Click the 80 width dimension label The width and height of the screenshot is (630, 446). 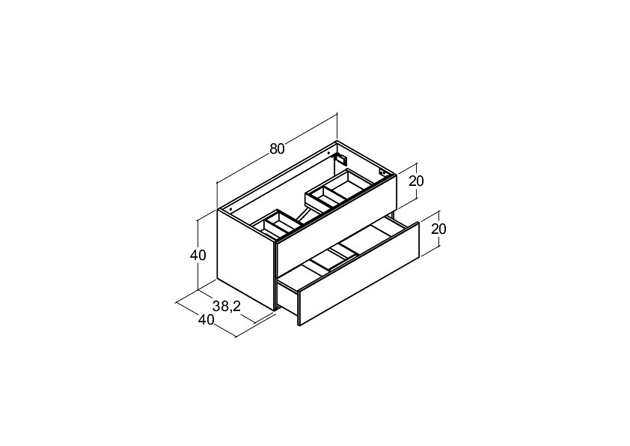pyautogui.click(x=277, y=149)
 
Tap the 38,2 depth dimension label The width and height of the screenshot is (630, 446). pyautogui.click(x=227, y=307)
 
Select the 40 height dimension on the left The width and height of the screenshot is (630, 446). pyautogui.click(x=198, y=255)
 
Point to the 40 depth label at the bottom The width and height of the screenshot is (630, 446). pyautogui.click(x=206, y=319)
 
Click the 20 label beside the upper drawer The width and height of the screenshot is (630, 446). pyautogui.click(x=416, y=181)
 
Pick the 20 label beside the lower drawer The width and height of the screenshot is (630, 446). pyautogui.click(x=438, y=229)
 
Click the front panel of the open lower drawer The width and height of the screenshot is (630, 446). pyautogui.click(x=359, y=274)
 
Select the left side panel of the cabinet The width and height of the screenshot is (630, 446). pyautogui.click(x=246, y=260)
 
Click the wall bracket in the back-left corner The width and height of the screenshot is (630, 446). pyautogui.click(x=340, y=159)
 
